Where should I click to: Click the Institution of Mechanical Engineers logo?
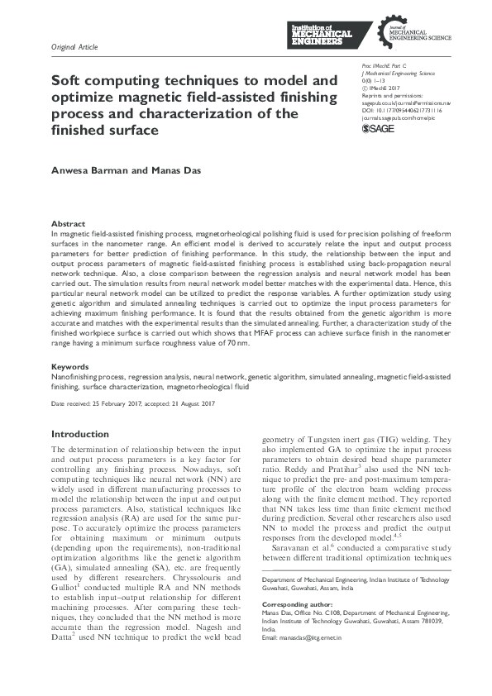click(322, 35)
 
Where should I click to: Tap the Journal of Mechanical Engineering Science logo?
click(402, 35)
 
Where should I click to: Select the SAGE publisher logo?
click(379, 129)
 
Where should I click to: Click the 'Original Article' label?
click(74, 46)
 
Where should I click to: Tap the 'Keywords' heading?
click(70, 366)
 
